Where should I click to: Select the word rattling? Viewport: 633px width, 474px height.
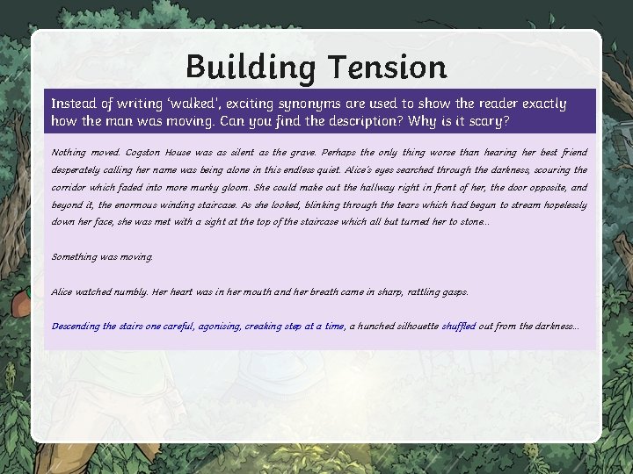416,291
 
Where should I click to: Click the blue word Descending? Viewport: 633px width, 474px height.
76,326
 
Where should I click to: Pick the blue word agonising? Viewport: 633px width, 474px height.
219,326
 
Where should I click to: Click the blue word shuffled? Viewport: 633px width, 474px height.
458,326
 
